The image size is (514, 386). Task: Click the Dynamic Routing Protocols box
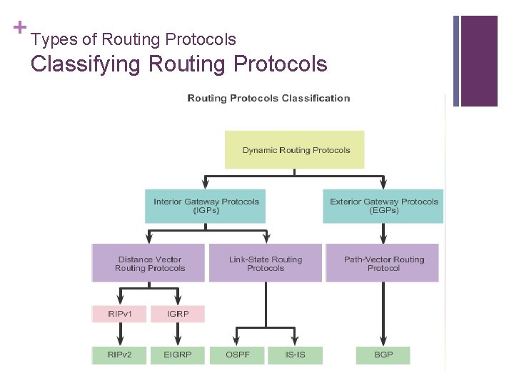pos(294,150)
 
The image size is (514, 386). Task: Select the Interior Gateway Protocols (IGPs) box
pos(206,206)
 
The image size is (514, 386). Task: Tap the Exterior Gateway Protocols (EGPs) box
pos(383,206)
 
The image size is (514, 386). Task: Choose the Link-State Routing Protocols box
pos(266,263)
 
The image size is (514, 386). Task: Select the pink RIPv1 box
pos(119,313)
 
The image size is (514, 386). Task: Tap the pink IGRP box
pos(177,313)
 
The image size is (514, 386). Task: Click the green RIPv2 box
pos(119,355)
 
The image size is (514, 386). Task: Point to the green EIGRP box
pos(177,355)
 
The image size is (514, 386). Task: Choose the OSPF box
pos(236,355)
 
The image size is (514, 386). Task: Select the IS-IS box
pos(295,355)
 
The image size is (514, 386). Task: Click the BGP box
pos(383,355)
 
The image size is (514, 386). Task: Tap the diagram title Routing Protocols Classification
pos(268,98)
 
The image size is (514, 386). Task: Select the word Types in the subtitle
pos(49,39)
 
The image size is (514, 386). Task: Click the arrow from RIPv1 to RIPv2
pos(120,334)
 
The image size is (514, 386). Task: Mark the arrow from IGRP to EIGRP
pos(178,334)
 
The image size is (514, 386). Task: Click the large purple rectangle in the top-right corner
pos(479,61)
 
